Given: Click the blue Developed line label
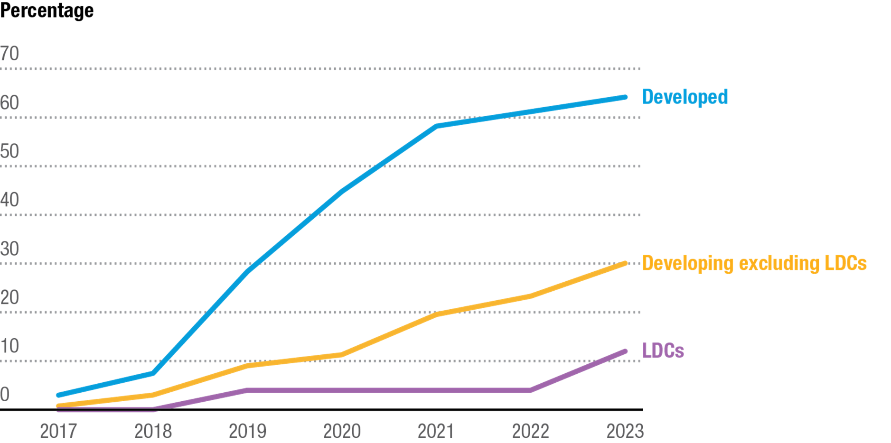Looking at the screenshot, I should click(x=685, y=97).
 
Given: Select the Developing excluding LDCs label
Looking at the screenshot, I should click(x=754, y=263).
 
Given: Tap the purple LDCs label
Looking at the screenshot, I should click(x=663, y=351).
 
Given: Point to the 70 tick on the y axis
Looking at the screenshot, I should click(x=10, y=54).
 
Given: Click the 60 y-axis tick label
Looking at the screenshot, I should click(x=10, y=102).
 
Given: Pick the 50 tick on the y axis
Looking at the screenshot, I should click(x=10, y=151).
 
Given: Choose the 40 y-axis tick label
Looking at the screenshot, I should click(x=10, y=200).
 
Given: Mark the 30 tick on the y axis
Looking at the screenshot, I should click(x=10, y=249).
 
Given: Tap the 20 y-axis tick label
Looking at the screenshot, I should click(x=10, y=297).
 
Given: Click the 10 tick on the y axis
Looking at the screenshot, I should click(x=10, y=346).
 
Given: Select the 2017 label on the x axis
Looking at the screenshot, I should click(x=58, y=431).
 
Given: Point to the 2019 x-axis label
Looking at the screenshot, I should click(x=247, y=431).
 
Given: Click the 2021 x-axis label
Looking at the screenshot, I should click(x=436, y=431).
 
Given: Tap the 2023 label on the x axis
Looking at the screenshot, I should click(x=625, y=431).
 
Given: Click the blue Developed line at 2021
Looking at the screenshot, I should click(x=436, y=126).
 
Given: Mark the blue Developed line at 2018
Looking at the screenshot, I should click(x=153, y=374).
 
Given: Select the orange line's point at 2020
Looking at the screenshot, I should click(x=341, y=355).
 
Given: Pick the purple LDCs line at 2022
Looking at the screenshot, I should click(x=530, y=390).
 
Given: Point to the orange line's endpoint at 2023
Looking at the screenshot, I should click(x=625, y=263).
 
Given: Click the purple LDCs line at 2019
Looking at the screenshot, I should click(x=247, y=390).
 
